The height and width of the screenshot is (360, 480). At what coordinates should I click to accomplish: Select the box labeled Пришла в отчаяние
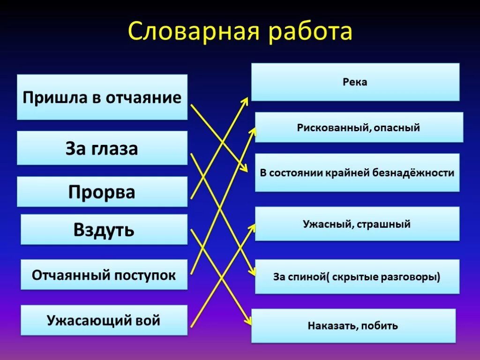(x=102, y=97)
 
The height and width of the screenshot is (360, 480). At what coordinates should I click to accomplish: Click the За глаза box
(x=102, y=148)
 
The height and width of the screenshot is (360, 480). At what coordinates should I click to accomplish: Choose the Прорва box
(x=102, y=192)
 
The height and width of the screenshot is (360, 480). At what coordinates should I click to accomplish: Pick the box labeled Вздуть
(x=104, y=230)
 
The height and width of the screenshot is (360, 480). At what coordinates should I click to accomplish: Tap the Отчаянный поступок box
(x=104, y=275)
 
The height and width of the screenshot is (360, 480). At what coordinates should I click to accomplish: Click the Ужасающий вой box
(x=104, y=321)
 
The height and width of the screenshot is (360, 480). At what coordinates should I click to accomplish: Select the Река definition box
(x=355, y=82)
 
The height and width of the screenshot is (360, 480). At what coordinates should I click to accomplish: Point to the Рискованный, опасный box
(x=359, y=127)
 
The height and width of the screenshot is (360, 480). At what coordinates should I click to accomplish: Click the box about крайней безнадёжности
(x=357, y=172)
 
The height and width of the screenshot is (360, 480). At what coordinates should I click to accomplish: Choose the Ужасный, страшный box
(x=357, y=224)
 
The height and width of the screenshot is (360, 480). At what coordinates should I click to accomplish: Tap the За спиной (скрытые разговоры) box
(x=357, y=277)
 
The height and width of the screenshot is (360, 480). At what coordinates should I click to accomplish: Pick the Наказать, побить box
(x=353, y=325)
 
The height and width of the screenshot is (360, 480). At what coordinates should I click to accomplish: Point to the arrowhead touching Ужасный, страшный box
(x=252, y=227)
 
